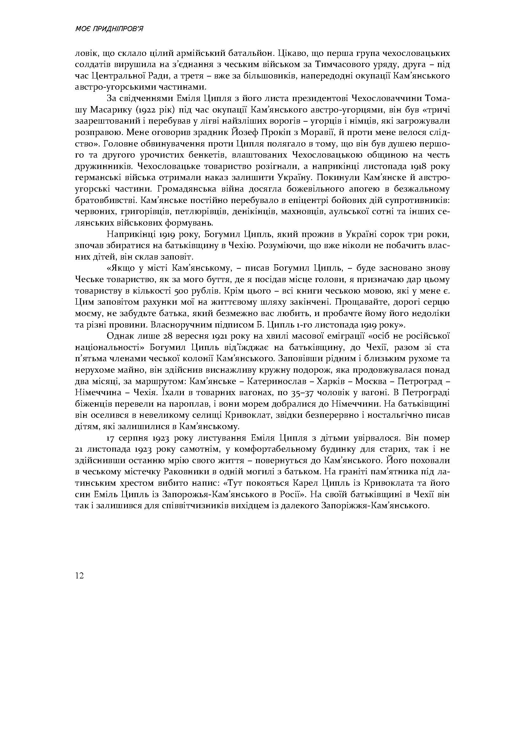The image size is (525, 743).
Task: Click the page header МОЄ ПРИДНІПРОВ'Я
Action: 109,29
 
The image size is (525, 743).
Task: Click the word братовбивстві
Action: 101,201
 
